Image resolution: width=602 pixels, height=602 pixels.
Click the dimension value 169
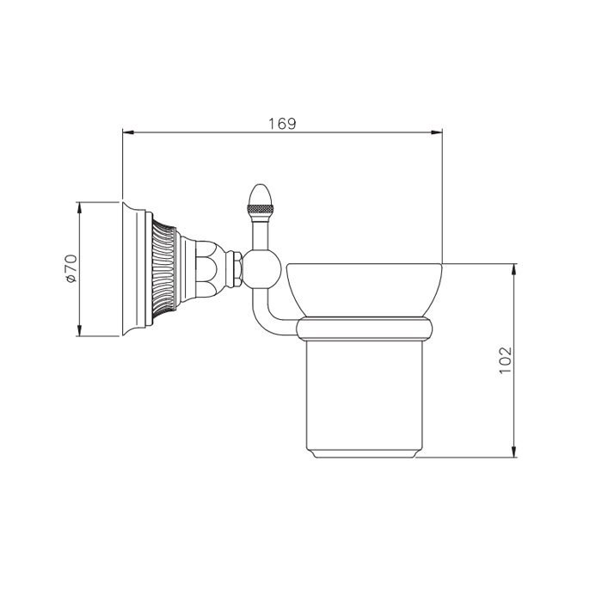coord(282,124)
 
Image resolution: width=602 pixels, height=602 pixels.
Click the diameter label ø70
coord(71,268)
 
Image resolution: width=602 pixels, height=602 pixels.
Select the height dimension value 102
coord(506,359)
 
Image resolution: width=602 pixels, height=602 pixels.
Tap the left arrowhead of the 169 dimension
coord(128,132)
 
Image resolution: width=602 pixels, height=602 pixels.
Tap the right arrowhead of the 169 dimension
coord(437,132)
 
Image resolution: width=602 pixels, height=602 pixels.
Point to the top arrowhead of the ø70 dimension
coord(79,208)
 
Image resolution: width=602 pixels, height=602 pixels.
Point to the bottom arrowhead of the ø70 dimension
coord(79,330)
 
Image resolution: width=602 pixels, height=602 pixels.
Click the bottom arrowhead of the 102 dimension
coord(514,451)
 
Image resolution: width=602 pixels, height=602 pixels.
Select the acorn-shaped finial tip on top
coord(261,195)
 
